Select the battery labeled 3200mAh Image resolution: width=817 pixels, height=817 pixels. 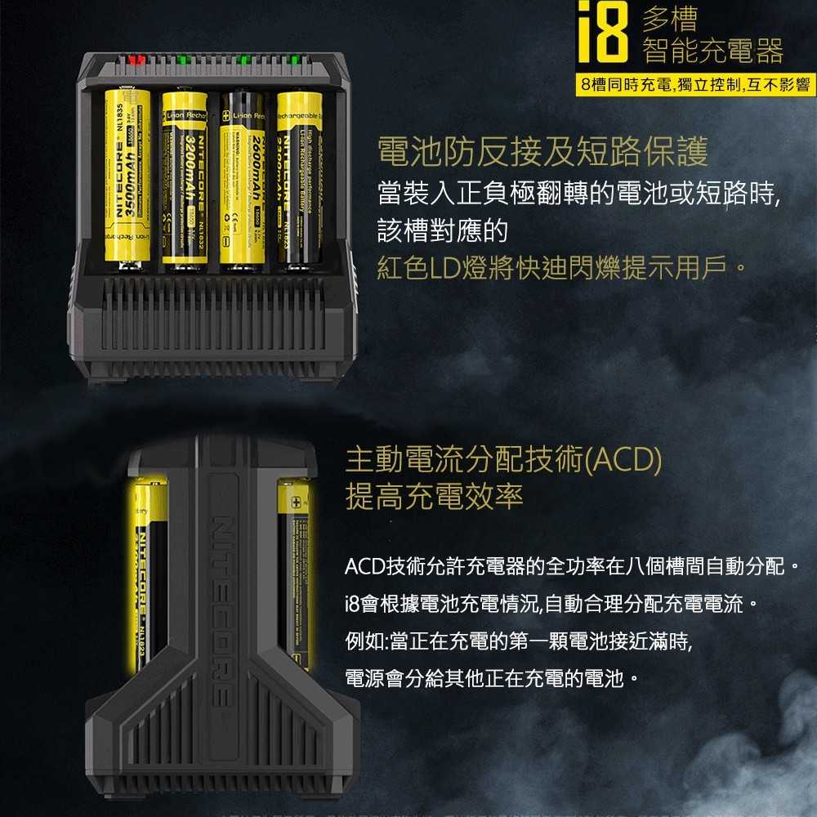click(184, 180)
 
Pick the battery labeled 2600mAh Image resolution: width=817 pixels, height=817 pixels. click(242, 180)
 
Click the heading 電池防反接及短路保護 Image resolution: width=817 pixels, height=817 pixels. click(542, 151)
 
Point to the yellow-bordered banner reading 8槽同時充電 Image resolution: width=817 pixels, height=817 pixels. click(694, 84)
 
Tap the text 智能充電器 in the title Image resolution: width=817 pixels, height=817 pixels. click(712, 51)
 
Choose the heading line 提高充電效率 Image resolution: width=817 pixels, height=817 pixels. click(434, 496)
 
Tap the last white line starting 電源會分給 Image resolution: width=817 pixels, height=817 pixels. click(491, 678)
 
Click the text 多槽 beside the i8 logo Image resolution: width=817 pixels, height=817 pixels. click(670, 20)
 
